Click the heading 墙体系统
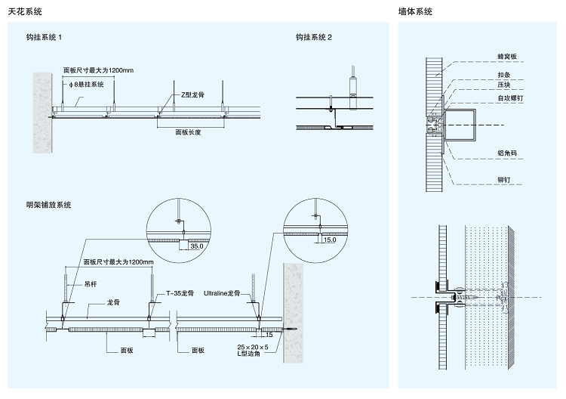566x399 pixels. [x=415, y=12]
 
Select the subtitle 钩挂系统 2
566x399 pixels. [x=314, y=37]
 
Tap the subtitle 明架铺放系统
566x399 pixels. [x=48, y=205]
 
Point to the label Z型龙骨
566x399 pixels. [x=192, y=95]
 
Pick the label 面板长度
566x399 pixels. [x=189, y=131]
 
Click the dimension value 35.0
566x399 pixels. [x=197, y=246]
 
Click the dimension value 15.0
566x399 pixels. [x=330, y=240]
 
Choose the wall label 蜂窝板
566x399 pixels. [x=506, y=56]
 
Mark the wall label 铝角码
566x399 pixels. [x=506, y=153]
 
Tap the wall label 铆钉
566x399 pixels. [x=503, y=180]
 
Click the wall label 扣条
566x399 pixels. [x=503, y=75]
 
